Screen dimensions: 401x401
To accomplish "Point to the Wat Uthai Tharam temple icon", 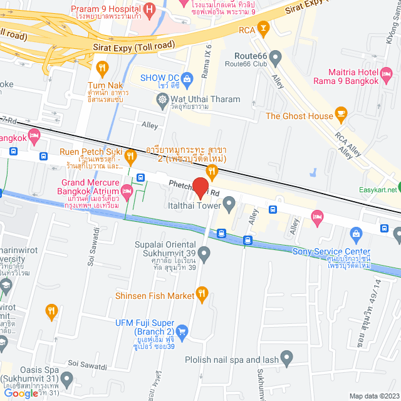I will click(162, 99).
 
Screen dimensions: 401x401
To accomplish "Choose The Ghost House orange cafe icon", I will click(341, 113).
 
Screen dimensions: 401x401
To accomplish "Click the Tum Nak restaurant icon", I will click(102, 68).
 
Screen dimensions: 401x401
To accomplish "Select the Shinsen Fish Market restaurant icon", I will click(202, 293).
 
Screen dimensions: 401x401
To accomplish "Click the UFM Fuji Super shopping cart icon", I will click(182, 330).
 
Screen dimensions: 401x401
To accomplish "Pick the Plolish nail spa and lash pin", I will click(287, 358).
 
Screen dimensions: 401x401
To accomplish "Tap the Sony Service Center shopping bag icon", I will click(357, 234).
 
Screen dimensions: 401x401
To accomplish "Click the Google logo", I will click(20, 393).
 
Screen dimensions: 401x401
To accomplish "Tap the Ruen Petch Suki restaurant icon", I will click(130, 155).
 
